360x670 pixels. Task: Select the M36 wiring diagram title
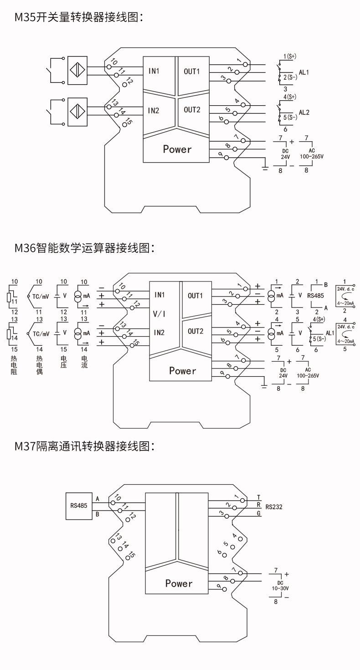tap(85, 248)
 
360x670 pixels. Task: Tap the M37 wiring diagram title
tap(85, 446)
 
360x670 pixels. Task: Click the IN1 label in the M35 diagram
tap(154, 71)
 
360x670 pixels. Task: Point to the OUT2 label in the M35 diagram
tap(192, 110)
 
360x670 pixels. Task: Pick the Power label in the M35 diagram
tap(177, 149)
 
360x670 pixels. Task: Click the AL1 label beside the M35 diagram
tap(304, 72)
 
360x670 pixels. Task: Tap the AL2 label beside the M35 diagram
tap(304, 112)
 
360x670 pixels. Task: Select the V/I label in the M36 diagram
tap(159, 314)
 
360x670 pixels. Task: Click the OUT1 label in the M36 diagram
tap(195, 296)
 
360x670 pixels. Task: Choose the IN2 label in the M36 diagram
tap(159, 332)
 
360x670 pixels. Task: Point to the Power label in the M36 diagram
tap(182, 371)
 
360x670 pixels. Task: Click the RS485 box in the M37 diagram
tap(79, 506)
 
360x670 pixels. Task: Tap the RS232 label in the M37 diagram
tap(274, 506)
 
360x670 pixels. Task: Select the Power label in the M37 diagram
tap(179, 583)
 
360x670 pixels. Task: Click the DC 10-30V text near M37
tap(280, 586)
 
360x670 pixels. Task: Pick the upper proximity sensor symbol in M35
tap(77, 70)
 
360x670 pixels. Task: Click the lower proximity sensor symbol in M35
tap(77, 110)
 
